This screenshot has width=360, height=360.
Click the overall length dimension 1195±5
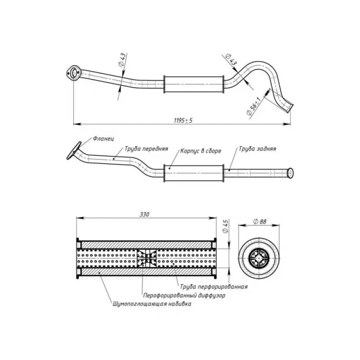pyautogui.click(x=183, y=120)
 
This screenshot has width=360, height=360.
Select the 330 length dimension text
pyautogui.click(x=144, y=214)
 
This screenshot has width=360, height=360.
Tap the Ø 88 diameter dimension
pyautogui.click(x=260, y=221)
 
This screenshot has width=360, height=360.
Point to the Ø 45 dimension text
pyautogui.click(x=225, y=226)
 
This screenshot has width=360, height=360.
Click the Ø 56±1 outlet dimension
pyautogui.click(x=253, y=106)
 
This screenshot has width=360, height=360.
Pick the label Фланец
pyautogui.click(x=103, y=139)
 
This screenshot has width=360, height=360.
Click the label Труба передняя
pyautogui.click(x=146, y=149)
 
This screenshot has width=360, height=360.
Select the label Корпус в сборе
pyautogui.click(x=201, y=151)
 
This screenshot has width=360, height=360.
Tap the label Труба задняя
pyautogui.click(x=257, y=149)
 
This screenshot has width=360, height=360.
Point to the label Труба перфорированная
pyautogui.click(x=213, y=287)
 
